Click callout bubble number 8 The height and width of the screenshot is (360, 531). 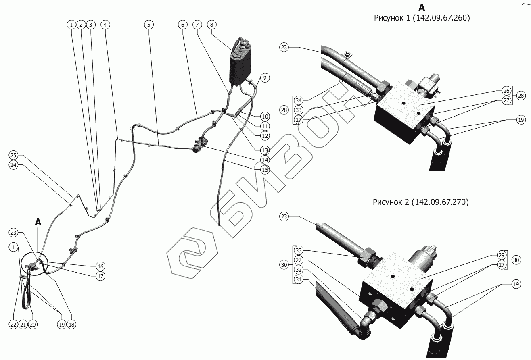(211, 25)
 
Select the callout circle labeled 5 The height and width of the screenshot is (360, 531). (149, 25)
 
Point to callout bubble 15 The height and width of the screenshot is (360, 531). (265, 170)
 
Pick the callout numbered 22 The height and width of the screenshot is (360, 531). (14, 324)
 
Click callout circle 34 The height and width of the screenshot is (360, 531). (298, 100)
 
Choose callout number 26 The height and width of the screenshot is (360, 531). (506, 90)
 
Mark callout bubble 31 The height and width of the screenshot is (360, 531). (298, 279)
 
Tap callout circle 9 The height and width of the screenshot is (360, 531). (265, 77)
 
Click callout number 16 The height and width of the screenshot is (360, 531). (100, 266)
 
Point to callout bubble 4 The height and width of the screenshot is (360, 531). (105, 25)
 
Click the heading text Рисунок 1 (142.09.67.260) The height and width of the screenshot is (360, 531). (422, 18)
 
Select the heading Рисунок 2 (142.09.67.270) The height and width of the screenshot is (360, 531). (421, 202)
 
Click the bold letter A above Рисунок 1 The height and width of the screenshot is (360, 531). (422, 7)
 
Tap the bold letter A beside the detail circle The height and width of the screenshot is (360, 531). (38, 221)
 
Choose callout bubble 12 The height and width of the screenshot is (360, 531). (265, 136)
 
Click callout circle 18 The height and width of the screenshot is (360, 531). (71, 324)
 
